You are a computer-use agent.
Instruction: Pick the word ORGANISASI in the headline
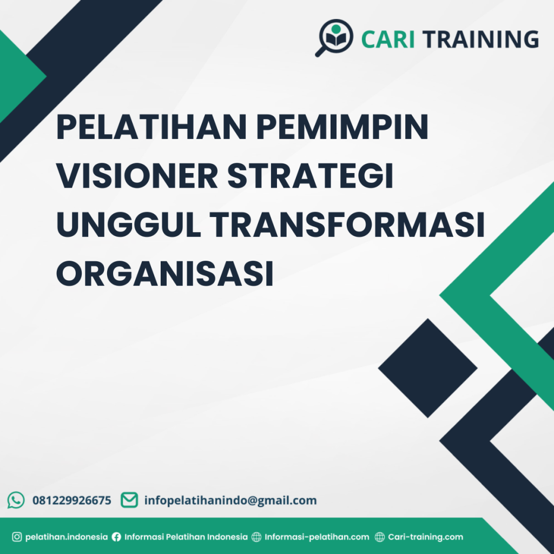click(x=164, y=274)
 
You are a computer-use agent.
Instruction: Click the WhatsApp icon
click(x=16, y=500)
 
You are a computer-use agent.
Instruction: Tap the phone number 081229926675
click(x=72, y=500)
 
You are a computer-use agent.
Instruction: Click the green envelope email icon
click(x=129, y=500)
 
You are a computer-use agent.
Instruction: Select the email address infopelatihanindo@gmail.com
click(x=230, y=500)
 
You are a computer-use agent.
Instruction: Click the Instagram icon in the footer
click(x=17, y=537)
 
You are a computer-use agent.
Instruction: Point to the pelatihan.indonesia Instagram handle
click(x=67, y=537)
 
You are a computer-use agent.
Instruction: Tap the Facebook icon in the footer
click(x=116, y=537)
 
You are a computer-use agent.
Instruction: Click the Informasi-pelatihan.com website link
click(x=316, y=537)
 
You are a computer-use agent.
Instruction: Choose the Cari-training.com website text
click(x=425, y=537)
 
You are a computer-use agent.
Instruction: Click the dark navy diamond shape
click(x=427, y=368)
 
